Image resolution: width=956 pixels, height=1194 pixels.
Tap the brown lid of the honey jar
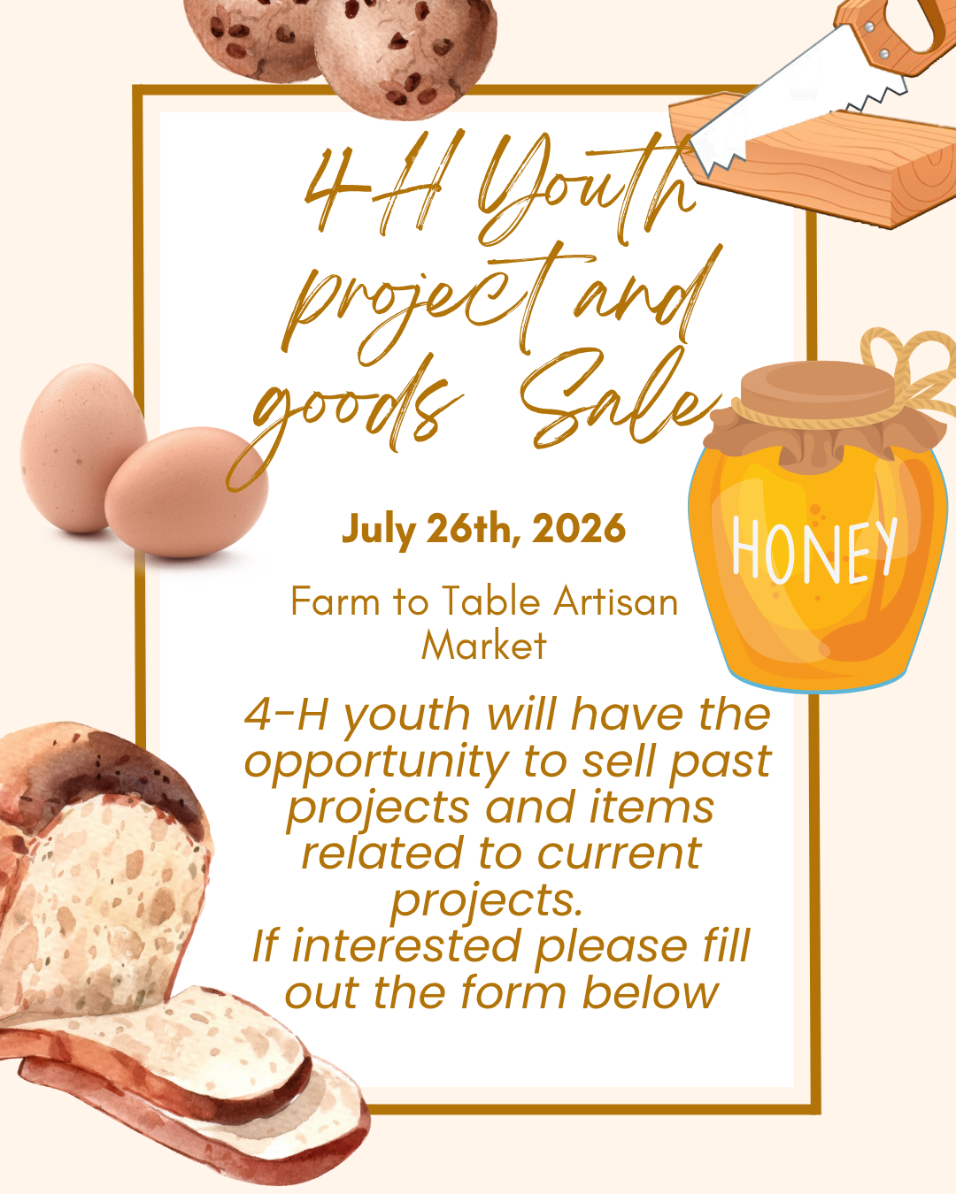pos(818,387)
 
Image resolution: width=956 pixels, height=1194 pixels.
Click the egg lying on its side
pos(186,492)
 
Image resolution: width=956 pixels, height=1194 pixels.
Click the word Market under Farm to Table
pos(484,646)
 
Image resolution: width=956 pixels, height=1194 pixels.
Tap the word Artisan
pos(615,601)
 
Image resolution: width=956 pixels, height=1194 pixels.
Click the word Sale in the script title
pos(617,400)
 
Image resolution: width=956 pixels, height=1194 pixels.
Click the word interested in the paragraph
pos(405,945)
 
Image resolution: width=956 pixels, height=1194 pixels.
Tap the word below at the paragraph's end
pos(650,992)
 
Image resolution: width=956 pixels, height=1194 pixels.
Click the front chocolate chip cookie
pos(405,56)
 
